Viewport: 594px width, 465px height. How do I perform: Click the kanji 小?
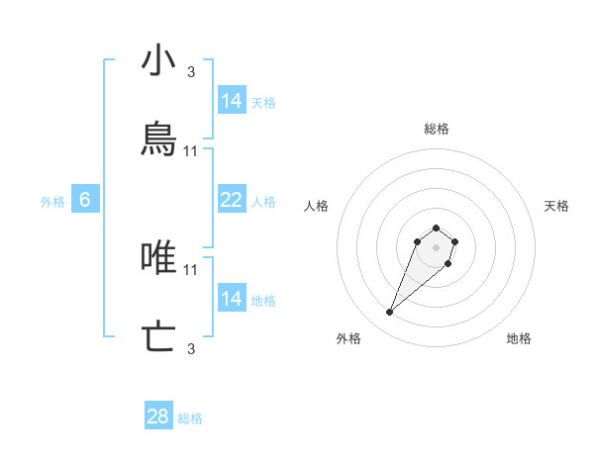[158, 61]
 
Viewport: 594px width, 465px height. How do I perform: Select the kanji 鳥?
[158, 139]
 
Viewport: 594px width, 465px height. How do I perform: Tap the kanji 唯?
[158, 258]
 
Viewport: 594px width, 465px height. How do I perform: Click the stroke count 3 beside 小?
[191, 71]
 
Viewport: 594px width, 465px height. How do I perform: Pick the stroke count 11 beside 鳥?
[191, 150]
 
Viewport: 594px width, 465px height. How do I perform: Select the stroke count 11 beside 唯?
[191, 269]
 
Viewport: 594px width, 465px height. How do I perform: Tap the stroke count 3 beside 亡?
[191, 348]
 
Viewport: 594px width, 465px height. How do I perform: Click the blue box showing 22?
[231, 200]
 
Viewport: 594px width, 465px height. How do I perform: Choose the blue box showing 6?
[85, 200]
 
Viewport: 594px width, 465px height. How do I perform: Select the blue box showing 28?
[158, 417]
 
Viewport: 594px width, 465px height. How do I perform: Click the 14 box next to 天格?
[231, 101]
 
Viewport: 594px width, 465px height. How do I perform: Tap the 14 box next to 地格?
[231, 299]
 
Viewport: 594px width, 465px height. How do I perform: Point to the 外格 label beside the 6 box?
[52, 202]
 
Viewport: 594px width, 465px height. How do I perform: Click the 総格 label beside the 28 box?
[190, 418]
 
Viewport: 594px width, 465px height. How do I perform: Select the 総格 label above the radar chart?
[437, 129]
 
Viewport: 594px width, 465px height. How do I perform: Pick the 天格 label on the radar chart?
[556, 206]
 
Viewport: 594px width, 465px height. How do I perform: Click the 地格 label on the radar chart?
[519, 338]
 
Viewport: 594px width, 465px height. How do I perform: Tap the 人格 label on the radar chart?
[317, 206]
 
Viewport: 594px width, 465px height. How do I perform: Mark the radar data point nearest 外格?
[390, 313]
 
